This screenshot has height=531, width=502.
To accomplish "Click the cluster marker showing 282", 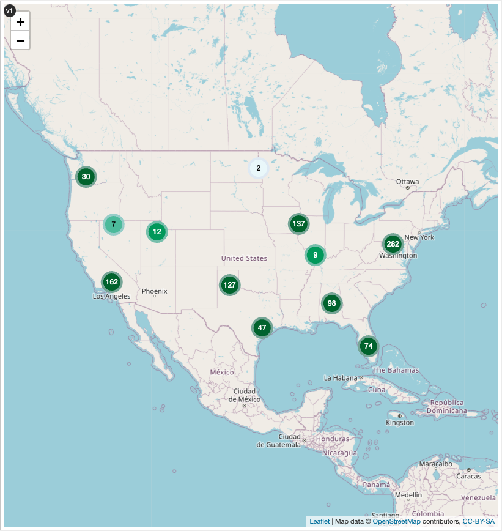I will (x=393, y=244).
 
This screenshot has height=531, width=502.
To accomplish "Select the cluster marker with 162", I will (x=111, y=282).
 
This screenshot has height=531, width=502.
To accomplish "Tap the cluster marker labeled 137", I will (x=298, y=224).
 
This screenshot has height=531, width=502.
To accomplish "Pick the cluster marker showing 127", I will (x=230, y=284).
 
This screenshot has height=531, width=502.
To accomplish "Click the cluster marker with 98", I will (x=331, y=303).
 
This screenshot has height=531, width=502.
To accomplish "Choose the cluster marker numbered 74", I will (x=368, y=346).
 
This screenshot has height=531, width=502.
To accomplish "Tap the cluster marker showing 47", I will (x=262, y=328).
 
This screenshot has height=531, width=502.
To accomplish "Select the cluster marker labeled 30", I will (x=86, y=177).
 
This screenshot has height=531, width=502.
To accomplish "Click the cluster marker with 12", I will (x=157, y=232).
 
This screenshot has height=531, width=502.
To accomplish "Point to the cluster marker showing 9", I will (x=315, y=254).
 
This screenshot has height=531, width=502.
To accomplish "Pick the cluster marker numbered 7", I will (x=113, y=225).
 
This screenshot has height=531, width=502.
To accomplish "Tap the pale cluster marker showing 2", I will (x=258, y=168).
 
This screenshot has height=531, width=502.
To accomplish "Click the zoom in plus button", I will (x=20, y=22).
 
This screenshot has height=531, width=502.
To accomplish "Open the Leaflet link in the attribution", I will (x=319, y=521).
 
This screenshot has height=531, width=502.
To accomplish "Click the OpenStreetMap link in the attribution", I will (x=396, y=521).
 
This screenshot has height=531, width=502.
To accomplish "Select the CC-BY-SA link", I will (x=478, y=521).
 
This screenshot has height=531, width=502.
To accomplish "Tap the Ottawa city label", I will (x=407, y=182).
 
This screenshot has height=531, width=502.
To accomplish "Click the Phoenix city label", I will (x=154, y=291).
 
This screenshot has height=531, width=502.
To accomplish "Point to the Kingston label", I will (x=400, y=423).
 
